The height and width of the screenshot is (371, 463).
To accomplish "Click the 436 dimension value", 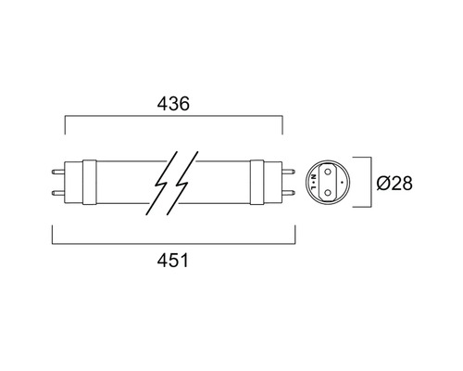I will pos(172,105).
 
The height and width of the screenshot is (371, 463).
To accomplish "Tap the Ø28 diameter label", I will pos(394,183).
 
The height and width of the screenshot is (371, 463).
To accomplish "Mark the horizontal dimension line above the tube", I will pos(172,118).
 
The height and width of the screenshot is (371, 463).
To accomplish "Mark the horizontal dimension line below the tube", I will pos(172,245).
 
